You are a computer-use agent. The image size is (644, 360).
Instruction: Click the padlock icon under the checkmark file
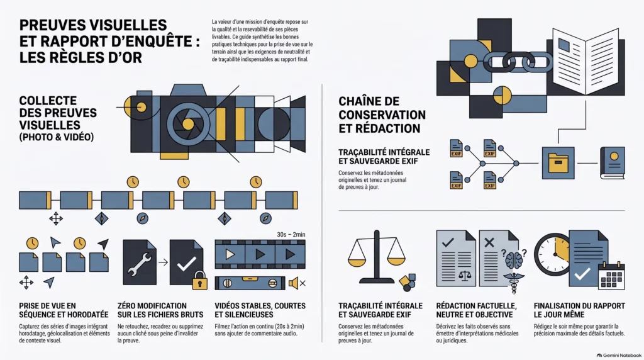tap(200, 280)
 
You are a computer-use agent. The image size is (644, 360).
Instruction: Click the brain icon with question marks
tap(514, 259)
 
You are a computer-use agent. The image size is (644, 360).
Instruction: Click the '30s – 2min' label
tap(291, 234)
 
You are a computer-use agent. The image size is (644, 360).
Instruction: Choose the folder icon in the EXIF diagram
tap(558, 163)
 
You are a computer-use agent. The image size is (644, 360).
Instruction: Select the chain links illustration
tap(518, 62)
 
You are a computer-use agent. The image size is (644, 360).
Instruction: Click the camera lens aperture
tap(188, 123)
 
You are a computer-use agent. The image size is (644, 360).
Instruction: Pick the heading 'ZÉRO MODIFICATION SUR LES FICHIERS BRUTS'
tap(160, 310)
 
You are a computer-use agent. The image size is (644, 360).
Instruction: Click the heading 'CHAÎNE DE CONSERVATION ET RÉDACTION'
tap(382, 115)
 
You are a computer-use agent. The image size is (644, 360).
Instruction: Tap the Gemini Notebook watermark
tap(619, 356)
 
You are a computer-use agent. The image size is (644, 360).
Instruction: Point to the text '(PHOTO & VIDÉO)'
tap(56, 137)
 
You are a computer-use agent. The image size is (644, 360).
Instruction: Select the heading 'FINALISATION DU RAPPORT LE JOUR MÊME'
tap(579, 310)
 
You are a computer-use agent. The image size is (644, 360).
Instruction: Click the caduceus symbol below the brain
tap(514, 283)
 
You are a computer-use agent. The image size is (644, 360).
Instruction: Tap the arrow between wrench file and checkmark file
tap(163, 262)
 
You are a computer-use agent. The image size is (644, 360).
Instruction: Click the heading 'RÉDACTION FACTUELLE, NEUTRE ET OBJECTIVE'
tap(477, 310)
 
